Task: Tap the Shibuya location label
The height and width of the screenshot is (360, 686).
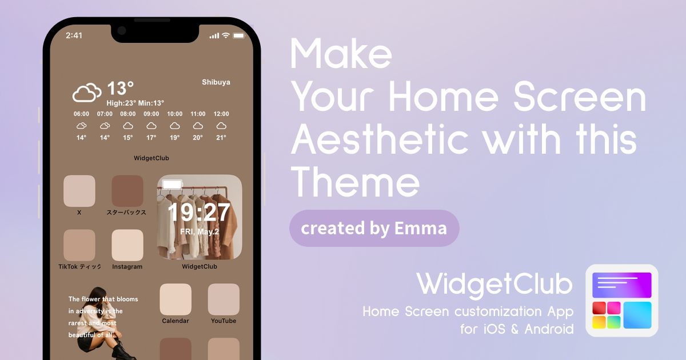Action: click(x=216, y=82)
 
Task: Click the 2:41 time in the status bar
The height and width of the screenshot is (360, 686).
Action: click(x=74, y=35)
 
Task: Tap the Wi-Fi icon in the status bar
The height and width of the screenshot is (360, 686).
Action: click(x=226, y=35)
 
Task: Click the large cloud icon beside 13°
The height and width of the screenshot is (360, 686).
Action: click(x=87, y=93)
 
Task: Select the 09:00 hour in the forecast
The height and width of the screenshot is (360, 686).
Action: click(x=151, y=114)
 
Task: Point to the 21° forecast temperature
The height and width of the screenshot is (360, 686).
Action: click(x=221, y=138)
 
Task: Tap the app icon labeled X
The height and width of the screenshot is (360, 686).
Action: click(x=79, y=191)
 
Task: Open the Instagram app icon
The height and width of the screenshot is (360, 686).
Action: click(x=127, y=245)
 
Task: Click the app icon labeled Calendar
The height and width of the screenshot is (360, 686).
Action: click(x=176, y=299)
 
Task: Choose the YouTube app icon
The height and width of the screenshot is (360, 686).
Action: click(x=224, y=299)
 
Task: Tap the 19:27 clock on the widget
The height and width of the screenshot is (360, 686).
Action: click(x=199, y=212)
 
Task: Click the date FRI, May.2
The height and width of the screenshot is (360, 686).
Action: click(x=200, y=232)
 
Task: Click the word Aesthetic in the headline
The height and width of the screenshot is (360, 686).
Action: click(x=380, y=139)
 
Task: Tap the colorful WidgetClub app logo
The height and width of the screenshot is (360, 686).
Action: click(x=622, y=301)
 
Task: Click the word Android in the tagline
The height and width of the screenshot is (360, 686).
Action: click(x=549, y=329)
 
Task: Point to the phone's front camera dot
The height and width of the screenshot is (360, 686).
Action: click(x=122, y=31)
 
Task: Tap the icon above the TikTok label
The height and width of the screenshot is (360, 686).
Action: click(x=79, y=245)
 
